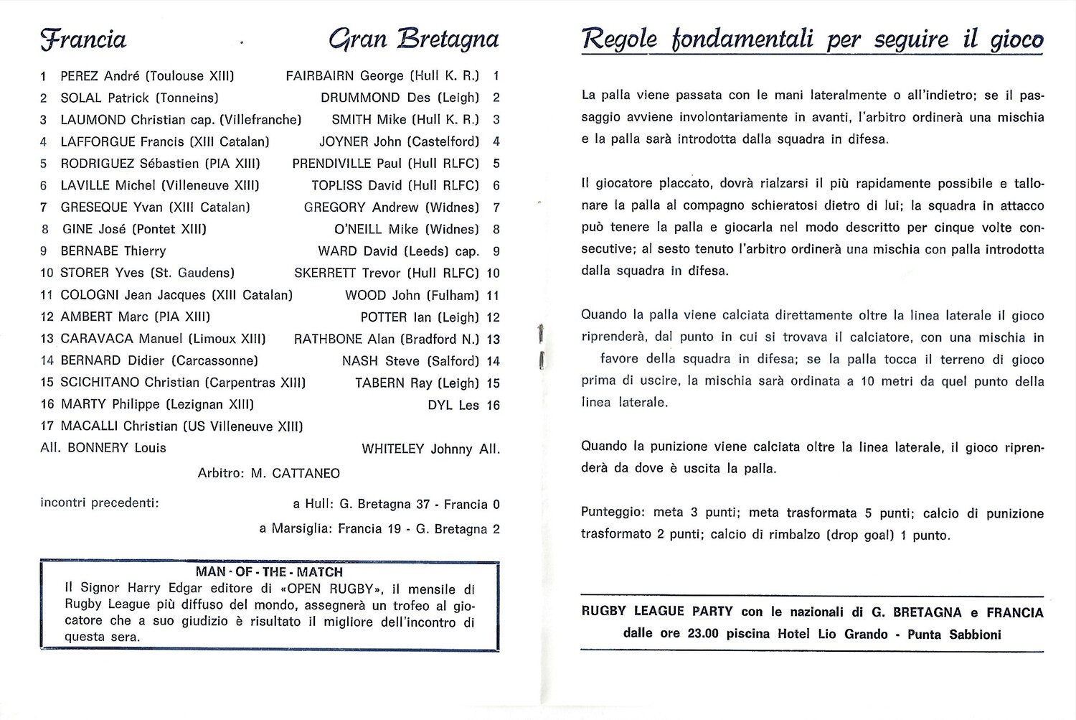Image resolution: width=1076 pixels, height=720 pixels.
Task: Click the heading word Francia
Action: click(x=83, y=39)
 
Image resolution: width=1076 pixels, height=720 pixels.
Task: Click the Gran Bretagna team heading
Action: click(x=413, y=39)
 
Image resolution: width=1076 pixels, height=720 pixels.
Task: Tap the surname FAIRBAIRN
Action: click(x=321, y=76)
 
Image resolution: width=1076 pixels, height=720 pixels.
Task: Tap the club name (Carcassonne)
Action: click(x=214, y=360)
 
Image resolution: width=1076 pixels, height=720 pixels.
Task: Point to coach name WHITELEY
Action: click(x=393, y=449)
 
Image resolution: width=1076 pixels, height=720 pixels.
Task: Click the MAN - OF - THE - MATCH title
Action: click(x=269, y=572)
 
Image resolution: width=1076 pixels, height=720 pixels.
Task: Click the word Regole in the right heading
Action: click(x=618, y=39)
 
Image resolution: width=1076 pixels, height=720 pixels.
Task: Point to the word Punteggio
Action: click(x=613, y=513)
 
